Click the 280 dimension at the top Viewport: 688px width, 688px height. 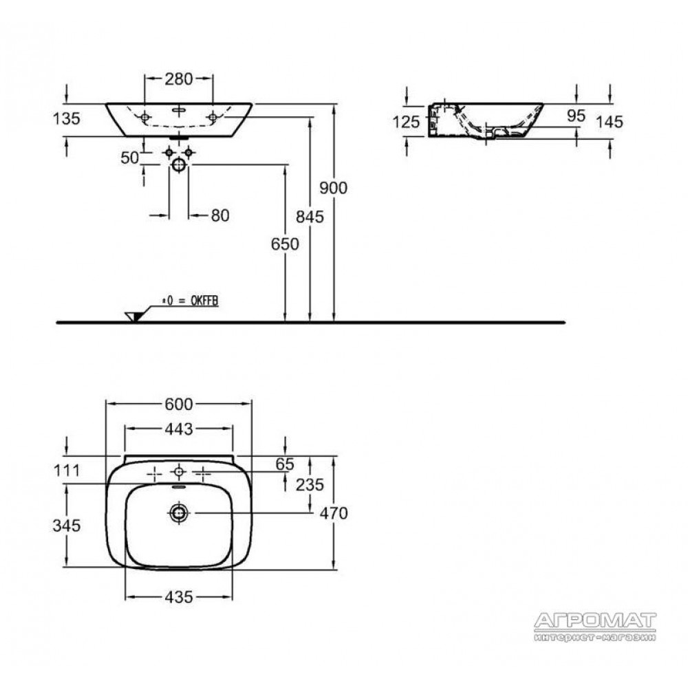click(x=179, y=79)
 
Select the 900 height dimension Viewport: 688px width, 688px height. click(x=334, y=188)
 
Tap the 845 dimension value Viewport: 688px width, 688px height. click(x=310, y=217)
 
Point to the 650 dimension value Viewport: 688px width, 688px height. click(x=285, y=244)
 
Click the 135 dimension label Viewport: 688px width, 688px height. click(x=66, y=118)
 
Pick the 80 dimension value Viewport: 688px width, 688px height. click(x=220, y=215)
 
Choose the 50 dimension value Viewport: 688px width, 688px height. click(x=130, y=158)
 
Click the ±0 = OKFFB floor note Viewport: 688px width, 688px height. click(x=191, y=301)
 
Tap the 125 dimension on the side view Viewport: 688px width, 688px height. click(x=407, y=122)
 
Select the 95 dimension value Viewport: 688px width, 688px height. click(x=576, y=116)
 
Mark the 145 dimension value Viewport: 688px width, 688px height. click(x=610, y=122)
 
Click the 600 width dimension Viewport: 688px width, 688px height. click(x=179, y=404)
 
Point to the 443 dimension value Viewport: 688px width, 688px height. click(x=179, y=429)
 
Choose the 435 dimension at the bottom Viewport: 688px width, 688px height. click(x=179, y=596)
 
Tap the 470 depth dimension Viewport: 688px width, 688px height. click(x=334, y=513)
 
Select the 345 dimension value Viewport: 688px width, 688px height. click(x=66, y=525)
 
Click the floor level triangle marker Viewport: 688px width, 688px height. click(x=133, y=316)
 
